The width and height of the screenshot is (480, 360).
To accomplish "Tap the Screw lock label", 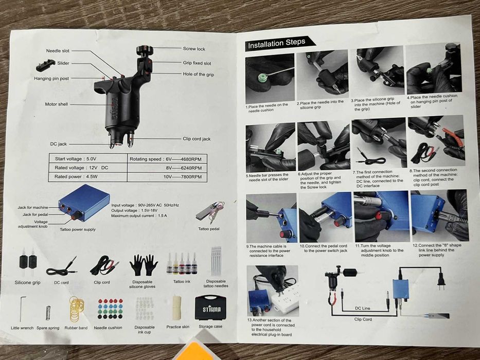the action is pyautogui.click(x=194, y=49).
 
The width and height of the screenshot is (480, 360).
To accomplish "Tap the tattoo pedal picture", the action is pyautogui.click(x=210, y=212).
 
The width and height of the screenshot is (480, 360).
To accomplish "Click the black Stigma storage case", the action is pyautogui.click(x=211, y=308).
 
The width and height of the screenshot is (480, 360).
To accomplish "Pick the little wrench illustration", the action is pyautogui.click(x=21, y=309).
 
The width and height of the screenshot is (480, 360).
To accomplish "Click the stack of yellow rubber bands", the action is pyautogui.click(x=76, y=309).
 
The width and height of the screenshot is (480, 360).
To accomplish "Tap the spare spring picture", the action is pyautogui.click(x=48, y=313).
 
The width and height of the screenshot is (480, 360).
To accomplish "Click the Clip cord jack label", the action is pyautogui.click(x=197, y=139).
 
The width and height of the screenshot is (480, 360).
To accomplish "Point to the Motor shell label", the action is pyautogui.click(x=56, y=104).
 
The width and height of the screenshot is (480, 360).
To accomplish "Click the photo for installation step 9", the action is pyautogui.click(x=271, y=218).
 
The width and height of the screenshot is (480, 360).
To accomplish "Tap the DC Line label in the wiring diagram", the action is pyautogui.click(x=363, y=308).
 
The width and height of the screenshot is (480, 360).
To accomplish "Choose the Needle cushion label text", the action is pyautogui.click(x=108, y=328).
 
